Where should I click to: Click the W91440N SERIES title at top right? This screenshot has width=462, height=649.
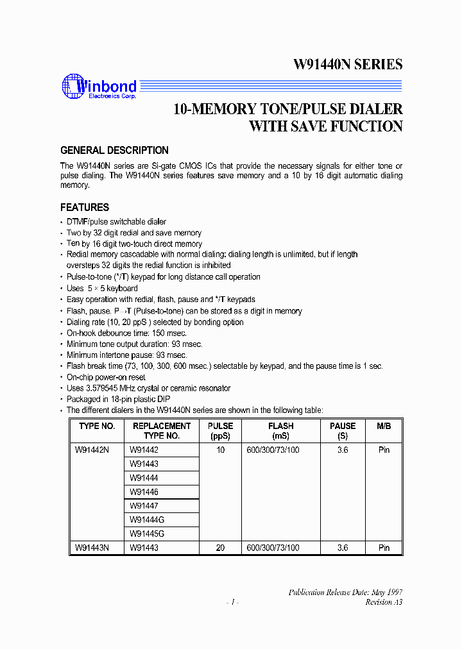(348, 64)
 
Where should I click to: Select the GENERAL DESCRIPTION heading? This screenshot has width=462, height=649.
(114, 151)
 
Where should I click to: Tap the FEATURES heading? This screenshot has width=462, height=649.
(85, 207)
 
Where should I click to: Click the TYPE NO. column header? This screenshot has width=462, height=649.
(97, 426)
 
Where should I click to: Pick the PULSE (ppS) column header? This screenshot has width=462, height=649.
(221, 430)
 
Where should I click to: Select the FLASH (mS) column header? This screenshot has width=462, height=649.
(281, 430)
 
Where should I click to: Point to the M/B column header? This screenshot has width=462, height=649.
(384, 426)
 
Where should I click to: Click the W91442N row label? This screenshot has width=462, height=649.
(92, 450)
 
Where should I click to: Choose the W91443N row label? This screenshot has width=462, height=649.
(92, 548)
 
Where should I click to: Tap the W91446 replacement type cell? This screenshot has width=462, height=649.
(144, 493)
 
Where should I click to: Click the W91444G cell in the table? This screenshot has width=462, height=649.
(147, 520)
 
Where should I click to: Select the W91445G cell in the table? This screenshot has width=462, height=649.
(147, 534)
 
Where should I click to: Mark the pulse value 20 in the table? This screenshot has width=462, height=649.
(221, 548)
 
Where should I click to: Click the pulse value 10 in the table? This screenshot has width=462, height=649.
(221, 450)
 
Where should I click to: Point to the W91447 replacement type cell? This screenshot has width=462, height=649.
(144, 506)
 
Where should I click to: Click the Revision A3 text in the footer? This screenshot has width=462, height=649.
(384, 602)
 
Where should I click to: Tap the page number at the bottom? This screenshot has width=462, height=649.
(232, 602)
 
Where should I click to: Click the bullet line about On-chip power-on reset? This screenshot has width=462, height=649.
(106, 377)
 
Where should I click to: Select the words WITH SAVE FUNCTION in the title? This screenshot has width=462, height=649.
(326, 126)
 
